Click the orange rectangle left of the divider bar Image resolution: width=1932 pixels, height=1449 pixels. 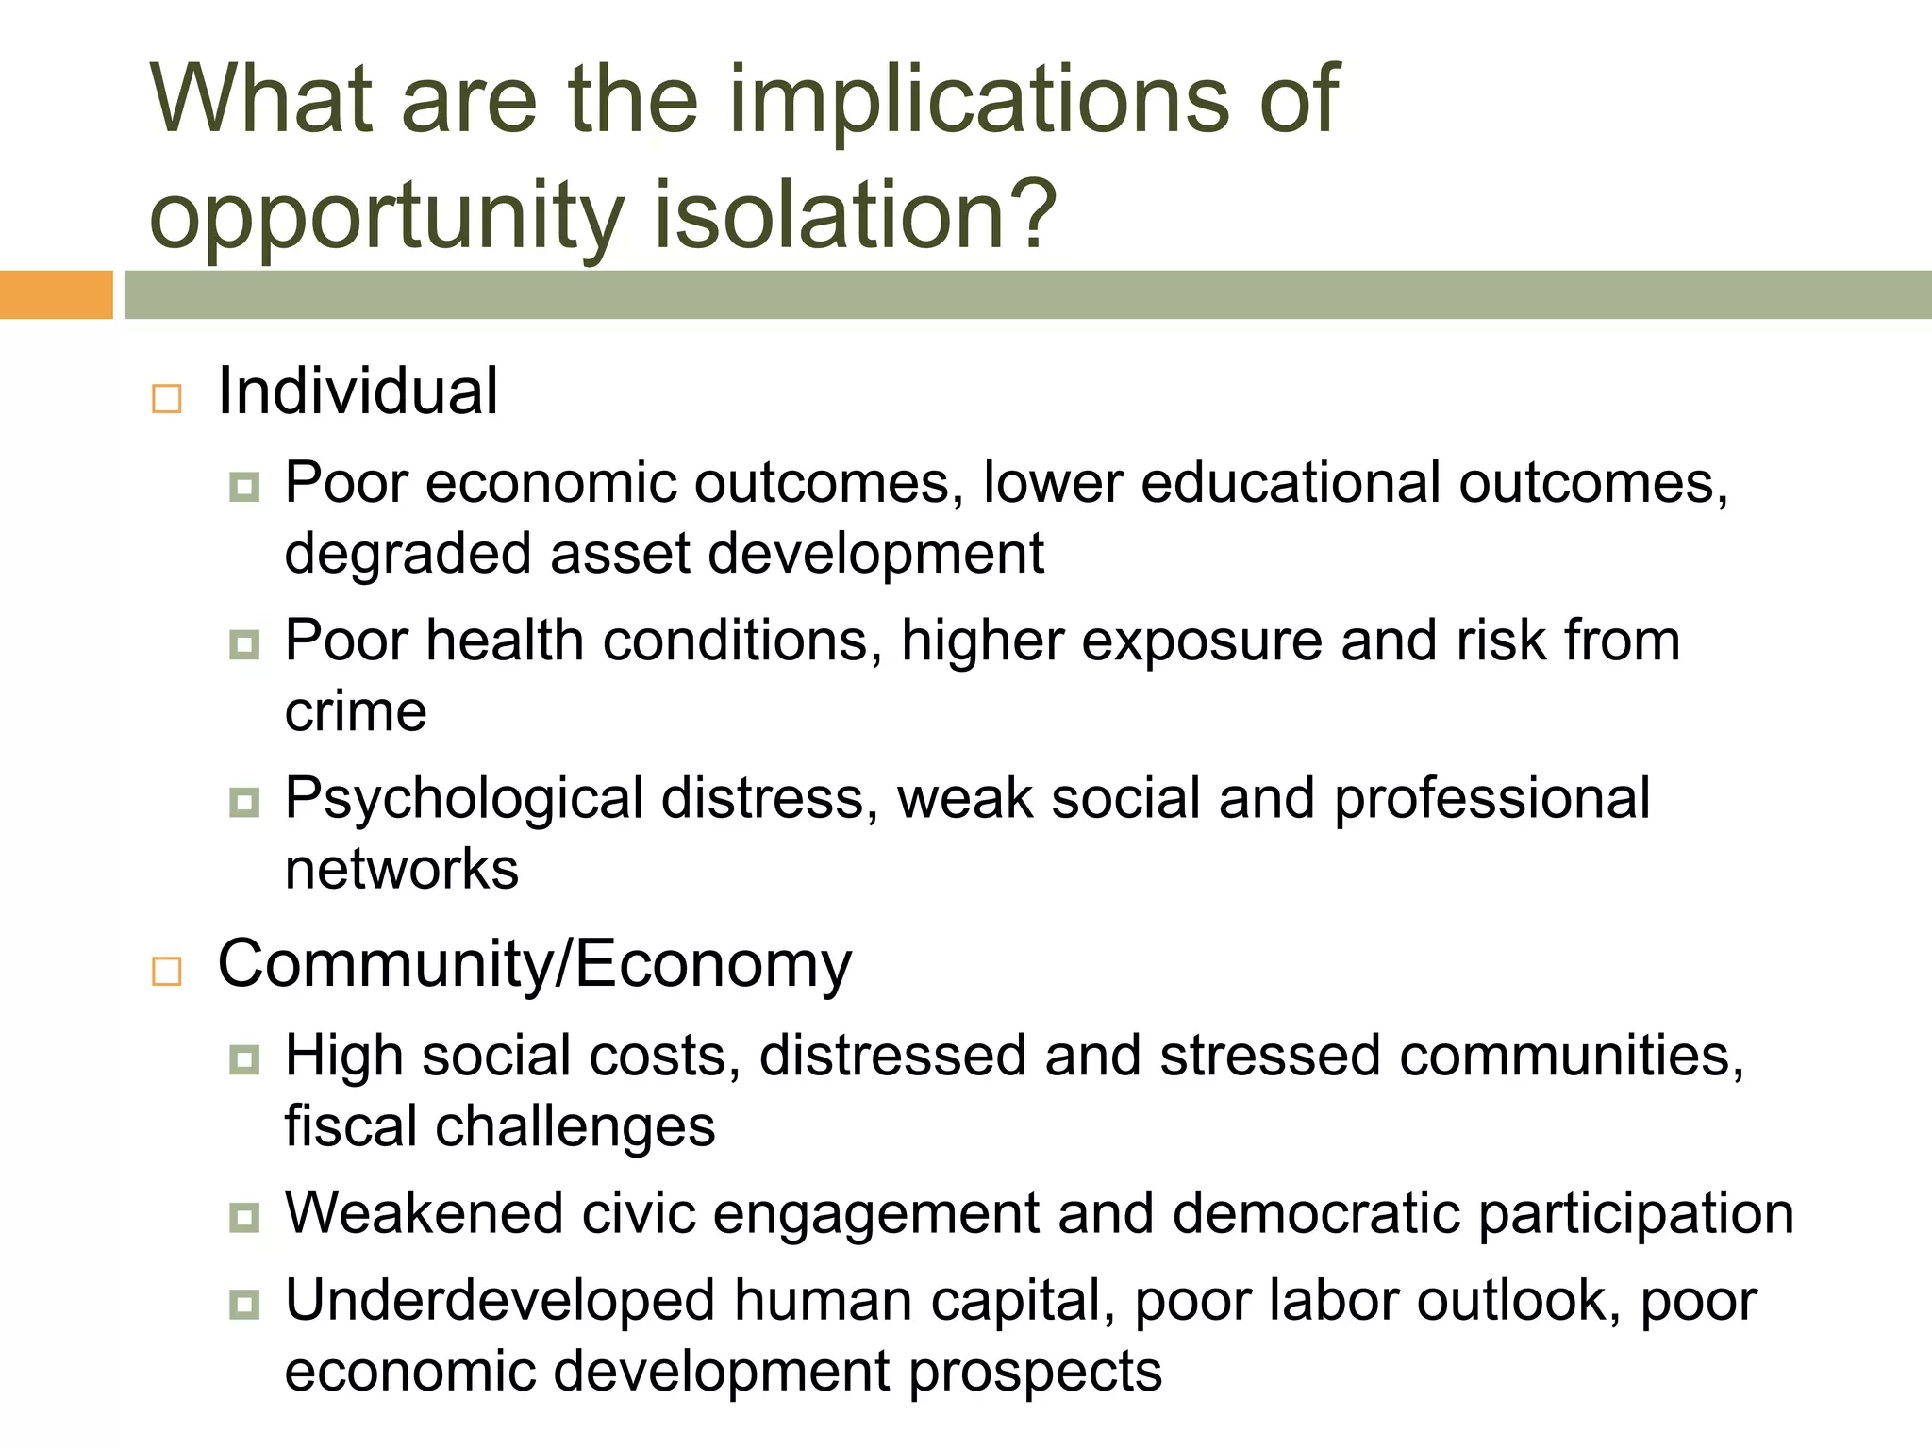click(x=56, y=294)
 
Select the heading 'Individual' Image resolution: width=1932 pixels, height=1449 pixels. click(x=358, y=391)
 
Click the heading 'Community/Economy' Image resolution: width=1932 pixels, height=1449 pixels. click(x=534, y=964)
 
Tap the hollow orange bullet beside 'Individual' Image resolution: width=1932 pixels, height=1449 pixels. click(x=167, y=399)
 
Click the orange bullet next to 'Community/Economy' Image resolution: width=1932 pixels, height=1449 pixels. click(x=167, y=971)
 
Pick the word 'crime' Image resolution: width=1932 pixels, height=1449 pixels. click(x=356, y=711)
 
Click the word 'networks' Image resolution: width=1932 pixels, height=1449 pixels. click(x=402, y=869)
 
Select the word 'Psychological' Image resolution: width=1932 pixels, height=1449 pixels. click(x=464, y=800)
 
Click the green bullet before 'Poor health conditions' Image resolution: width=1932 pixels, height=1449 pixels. click(x=244, y=645)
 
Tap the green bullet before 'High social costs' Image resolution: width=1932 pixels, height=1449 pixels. click(x=244, y=1059)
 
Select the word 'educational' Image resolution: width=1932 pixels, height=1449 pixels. click(x=1291, y=484)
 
